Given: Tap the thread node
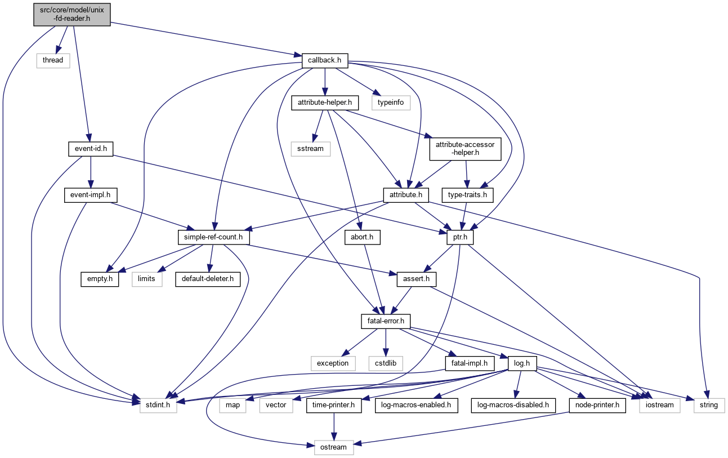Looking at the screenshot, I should point(53,60).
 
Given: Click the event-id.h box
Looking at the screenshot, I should point(87,149).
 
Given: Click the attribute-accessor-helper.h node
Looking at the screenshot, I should point(465,149).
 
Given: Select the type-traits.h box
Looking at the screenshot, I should point(467,195).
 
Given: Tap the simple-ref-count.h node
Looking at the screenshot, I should point(213,238).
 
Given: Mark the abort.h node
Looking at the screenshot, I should point(362,238).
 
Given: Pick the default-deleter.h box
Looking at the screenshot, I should point(207,279).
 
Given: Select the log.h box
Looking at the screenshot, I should point(520,363).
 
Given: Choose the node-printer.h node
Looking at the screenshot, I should point(597,405).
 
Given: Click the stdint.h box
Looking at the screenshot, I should point(158,405).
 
